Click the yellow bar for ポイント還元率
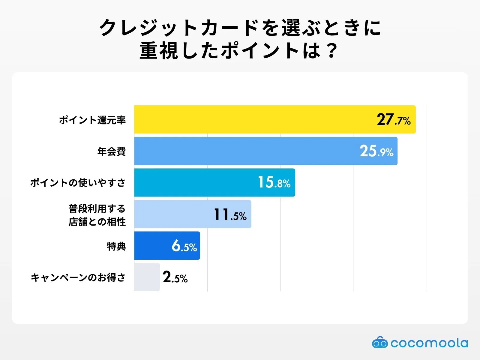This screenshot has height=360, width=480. pyautogui.click(x=255, y=119)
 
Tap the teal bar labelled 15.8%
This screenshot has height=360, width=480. pyautogui.click(x=195, y=182)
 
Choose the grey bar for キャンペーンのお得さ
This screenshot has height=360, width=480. pyautogui.click(x=147, y=277)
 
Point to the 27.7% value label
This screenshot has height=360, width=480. pyautogui.click(x=394, y=120)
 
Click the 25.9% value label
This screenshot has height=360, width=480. pyautogui.click(x=376, y=151)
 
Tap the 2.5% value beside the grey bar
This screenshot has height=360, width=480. pyautogui.click(x=175, y=277)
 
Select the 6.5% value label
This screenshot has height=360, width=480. pyautogui.click(x=184, y=246)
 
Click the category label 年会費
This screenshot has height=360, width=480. pyautogui.click(x=111, y=151)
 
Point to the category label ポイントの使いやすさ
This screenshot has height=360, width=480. pyautogui.click(x=78, y=182)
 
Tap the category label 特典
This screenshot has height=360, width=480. pyautogui.click(x=116, y=246)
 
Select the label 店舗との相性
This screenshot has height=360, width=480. pyautogui.click(x=97, y=222)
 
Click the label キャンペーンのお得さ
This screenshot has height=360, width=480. pyautogui.click(x=78, y=277)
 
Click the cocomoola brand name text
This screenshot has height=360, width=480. pyautogui.click(x=429, y=343)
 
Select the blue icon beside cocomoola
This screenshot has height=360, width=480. pyautogui.click(x=380, y=343)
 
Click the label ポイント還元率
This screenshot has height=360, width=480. pyautogui.click(x=92, y=120)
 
